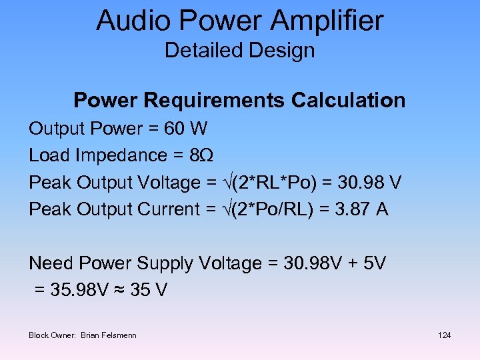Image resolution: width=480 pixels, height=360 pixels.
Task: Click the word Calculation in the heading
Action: point(348,101)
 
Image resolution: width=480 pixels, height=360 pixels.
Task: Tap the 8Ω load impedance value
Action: point(202,155)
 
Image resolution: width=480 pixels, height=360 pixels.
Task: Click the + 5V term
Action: point(366,263)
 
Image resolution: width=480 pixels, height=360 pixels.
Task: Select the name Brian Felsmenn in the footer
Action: point(109,335)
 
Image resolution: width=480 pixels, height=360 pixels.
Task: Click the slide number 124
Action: point(444,335)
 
